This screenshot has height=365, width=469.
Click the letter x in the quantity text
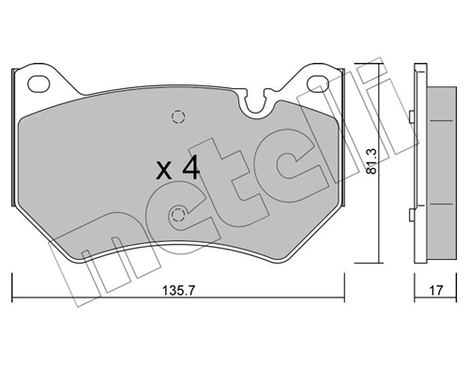pos(164,172)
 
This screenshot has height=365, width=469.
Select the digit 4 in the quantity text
pos(190,169)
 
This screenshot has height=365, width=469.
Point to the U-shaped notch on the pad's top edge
pos(250,102)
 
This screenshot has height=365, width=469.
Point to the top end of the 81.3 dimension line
pos(378,67)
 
